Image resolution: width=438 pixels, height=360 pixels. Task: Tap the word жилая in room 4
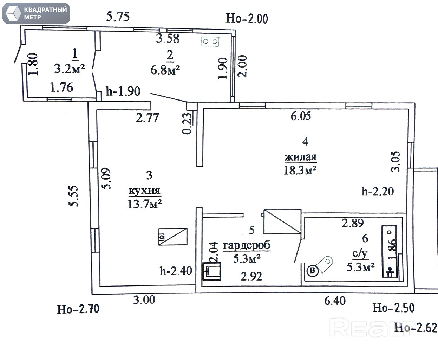300,157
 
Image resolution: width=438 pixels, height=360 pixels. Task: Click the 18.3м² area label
300,170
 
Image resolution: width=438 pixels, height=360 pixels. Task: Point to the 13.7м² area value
144,204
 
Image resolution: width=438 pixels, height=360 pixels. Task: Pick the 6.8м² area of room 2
165,70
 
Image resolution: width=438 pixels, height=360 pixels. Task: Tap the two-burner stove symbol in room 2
210,41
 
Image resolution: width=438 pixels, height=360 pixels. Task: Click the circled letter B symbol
313,270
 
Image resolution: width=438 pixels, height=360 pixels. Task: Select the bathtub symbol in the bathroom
389,252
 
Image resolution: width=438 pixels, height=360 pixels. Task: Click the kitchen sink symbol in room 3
172,237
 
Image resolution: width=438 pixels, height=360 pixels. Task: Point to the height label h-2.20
378,192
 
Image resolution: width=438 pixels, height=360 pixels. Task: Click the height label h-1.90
123,91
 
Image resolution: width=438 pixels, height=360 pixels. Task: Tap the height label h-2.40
176,271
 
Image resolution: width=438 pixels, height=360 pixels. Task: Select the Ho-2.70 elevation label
78,309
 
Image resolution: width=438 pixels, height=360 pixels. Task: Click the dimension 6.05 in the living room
301,116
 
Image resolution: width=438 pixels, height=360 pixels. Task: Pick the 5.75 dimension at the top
118,17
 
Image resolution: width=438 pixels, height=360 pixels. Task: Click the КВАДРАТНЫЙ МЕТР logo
36,13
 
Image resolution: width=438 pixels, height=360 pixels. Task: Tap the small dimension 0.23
188,123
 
